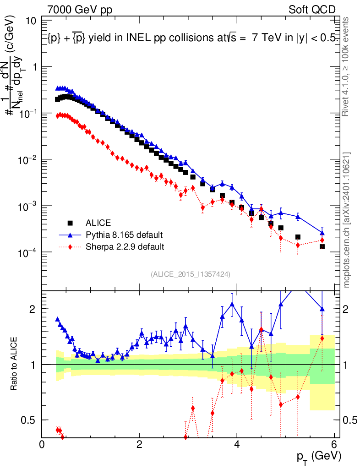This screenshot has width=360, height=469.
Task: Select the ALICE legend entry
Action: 98,223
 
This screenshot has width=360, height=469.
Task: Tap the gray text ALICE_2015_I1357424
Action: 190,274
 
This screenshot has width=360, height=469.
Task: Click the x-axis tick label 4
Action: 237,445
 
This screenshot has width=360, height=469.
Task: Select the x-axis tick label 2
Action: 139,445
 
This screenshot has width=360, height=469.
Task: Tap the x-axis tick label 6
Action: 334,445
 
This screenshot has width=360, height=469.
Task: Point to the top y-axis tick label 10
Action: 32,21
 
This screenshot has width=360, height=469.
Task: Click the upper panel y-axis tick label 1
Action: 35,67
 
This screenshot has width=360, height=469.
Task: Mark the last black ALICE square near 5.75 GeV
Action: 322,246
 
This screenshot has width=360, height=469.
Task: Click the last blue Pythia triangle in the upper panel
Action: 322,232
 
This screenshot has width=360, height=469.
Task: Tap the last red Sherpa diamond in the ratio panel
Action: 322,338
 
